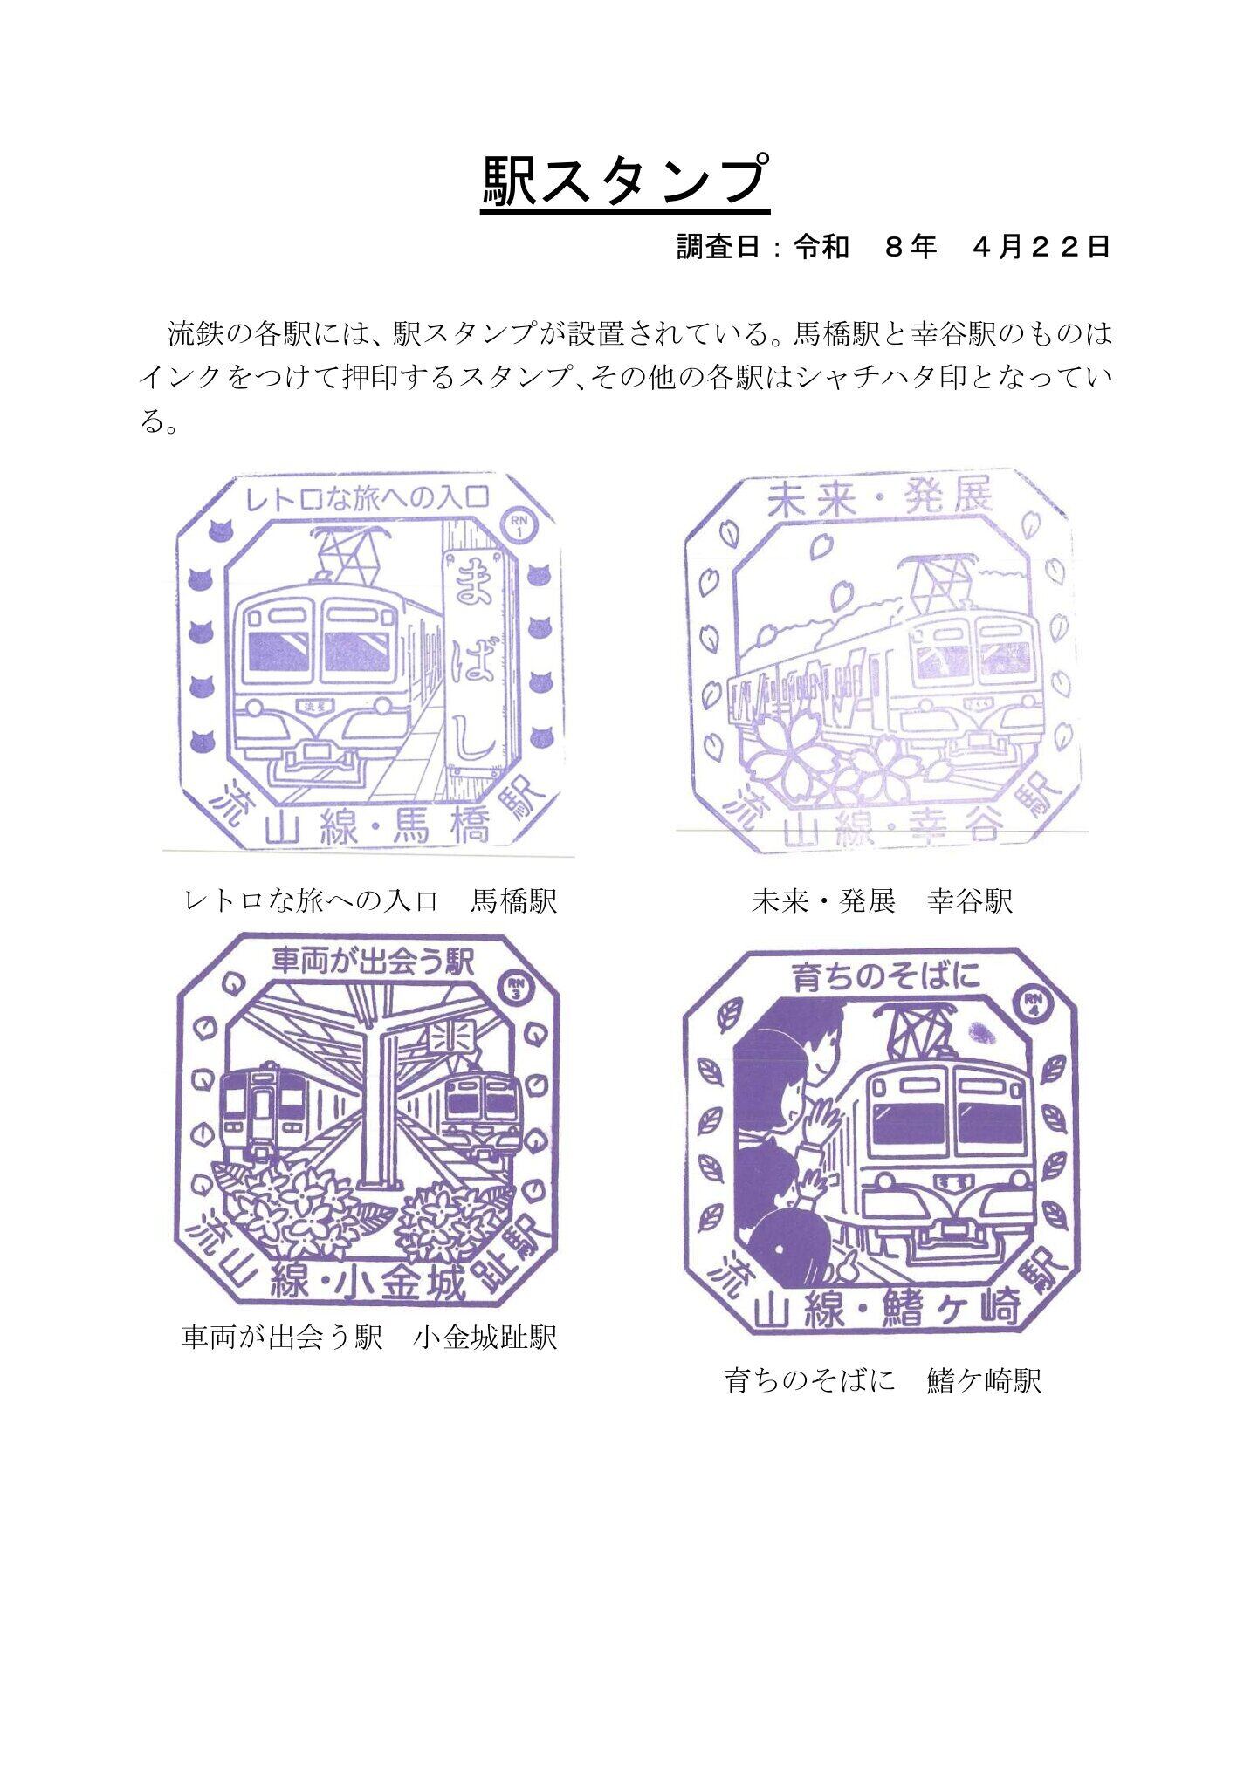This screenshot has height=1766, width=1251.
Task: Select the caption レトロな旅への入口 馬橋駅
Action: pos(371,900)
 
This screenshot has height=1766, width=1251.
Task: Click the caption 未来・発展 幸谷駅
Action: pos(882,900)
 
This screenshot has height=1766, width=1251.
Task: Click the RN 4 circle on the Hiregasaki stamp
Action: pos(1034,1003)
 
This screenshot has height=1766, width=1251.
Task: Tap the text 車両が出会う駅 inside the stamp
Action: pos(372,962)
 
